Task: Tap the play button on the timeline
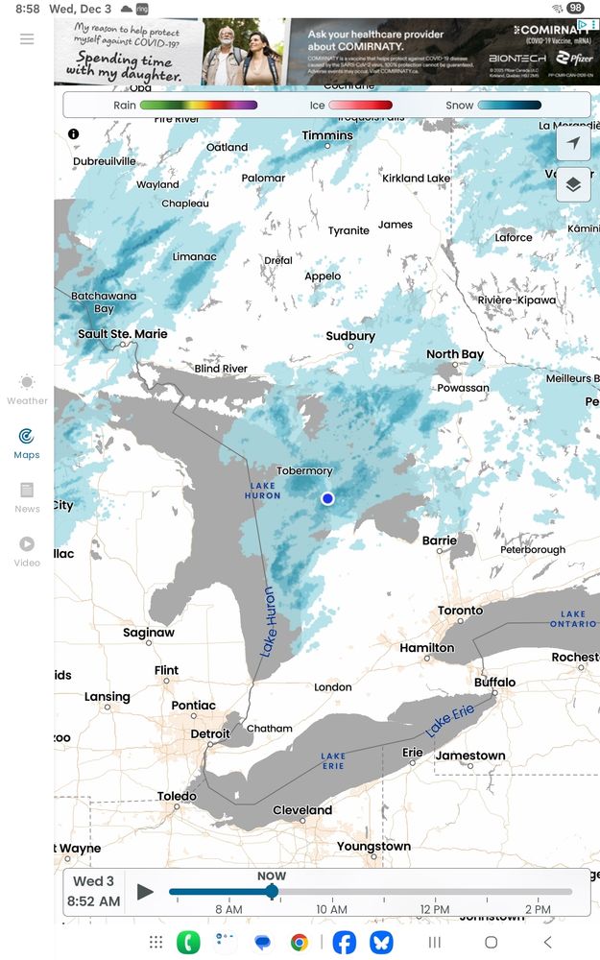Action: [x=145, y=892]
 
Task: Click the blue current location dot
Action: [x=327, y=498]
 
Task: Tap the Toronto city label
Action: [x=460, y=611]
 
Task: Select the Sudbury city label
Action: [x=350, y=336]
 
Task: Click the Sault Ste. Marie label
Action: [x=122, y=334]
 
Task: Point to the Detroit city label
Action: [x=209, y=733]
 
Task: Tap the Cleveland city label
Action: [x=302, y=810]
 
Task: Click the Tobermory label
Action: [x=304, y=470]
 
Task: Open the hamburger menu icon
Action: [x=27, y=38]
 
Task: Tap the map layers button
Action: [x=573, y=184]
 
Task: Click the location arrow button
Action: [x=573, y=143]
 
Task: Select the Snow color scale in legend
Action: [x=509, y=105]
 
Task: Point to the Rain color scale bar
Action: [x=198, y=105]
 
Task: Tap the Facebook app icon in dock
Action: [x=344, y=942]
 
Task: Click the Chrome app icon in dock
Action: [x=300, y=942]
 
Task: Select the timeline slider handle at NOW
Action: [x=272, y=892]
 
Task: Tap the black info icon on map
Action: [x=74, y=134]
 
